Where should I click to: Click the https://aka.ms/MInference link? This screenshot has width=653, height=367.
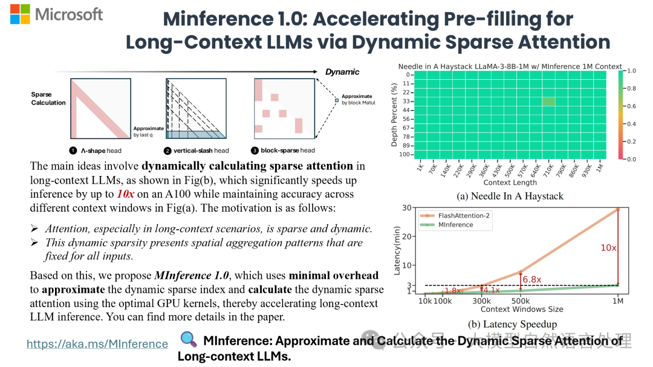point(97,344)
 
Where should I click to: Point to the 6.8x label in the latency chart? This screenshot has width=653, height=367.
point(531,279)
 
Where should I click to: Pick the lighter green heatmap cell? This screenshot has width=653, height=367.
point(548,102)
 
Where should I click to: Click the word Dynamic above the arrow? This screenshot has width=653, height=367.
point(342,72)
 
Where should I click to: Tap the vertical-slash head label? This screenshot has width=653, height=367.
point(201,151)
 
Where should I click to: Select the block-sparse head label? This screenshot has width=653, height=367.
point(288,151)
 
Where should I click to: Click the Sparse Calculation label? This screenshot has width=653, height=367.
point(48,99)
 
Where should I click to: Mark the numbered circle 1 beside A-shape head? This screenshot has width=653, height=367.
point(73,151)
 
